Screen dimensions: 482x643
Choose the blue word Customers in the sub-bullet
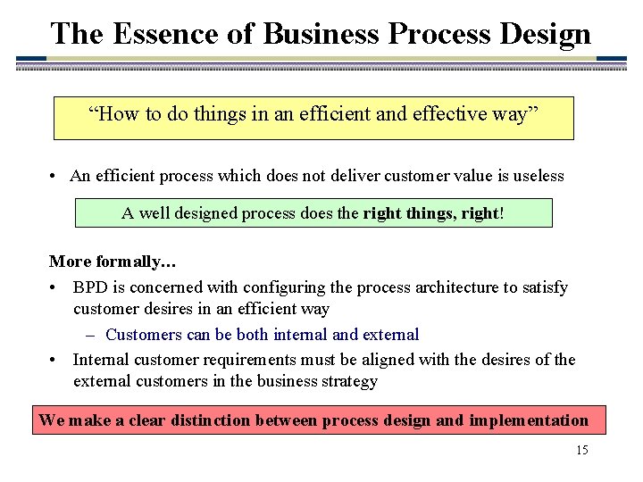[144, 335]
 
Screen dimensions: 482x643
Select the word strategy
[347, 381]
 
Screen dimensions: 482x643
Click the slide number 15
[581, 450]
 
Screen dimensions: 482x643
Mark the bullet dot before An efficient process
[55, 177]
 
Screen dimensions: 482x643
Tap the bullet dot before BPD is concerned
[55, 288]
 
